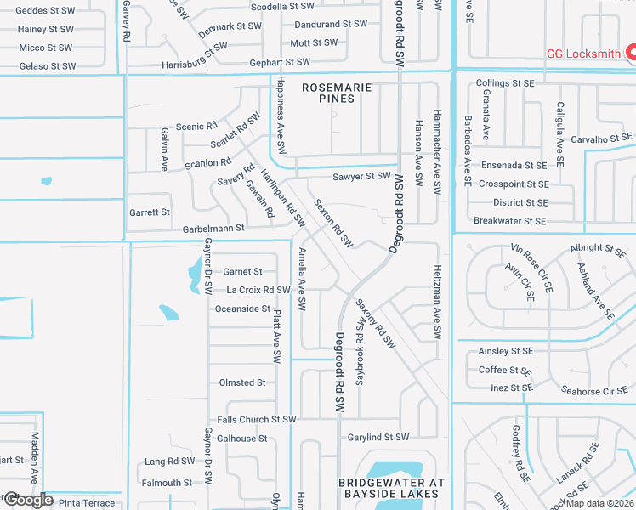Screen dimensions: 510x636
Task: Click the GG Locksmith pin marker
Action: click(632, 53)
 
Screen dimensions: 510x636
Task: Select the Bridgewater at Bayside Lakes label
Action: click(391, 488)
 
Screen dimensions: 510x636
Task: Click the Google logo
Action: click(27, 500)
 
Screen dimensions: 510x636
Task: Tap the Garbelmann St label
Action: click(213, 229)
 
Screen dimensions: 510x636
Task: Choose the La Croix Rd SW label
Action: click(258, 291)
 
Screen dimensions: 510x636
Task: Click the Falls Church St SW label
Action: click(257, 420)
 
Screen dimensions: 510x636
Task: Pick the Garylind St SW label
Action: click(378, 438)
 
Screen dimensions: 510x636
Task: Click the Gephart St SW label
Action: click(280, 62)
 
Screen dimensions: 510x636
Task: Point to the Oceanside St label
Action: click(242, 309)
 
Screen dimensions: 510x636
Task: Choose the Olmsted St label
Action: click(242, 382)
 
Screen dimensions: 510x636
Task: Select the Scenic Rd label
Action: click(196, 127)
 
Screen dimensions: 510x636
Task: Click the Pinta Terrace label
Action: click(86, 503)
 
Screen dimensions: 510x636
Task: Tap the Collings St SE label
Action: click(505, 83)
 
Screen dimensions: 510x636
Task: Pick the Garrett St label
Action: click(150, 212)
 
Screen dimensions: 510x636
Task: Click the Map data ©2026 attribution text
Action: click(599, 503)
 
